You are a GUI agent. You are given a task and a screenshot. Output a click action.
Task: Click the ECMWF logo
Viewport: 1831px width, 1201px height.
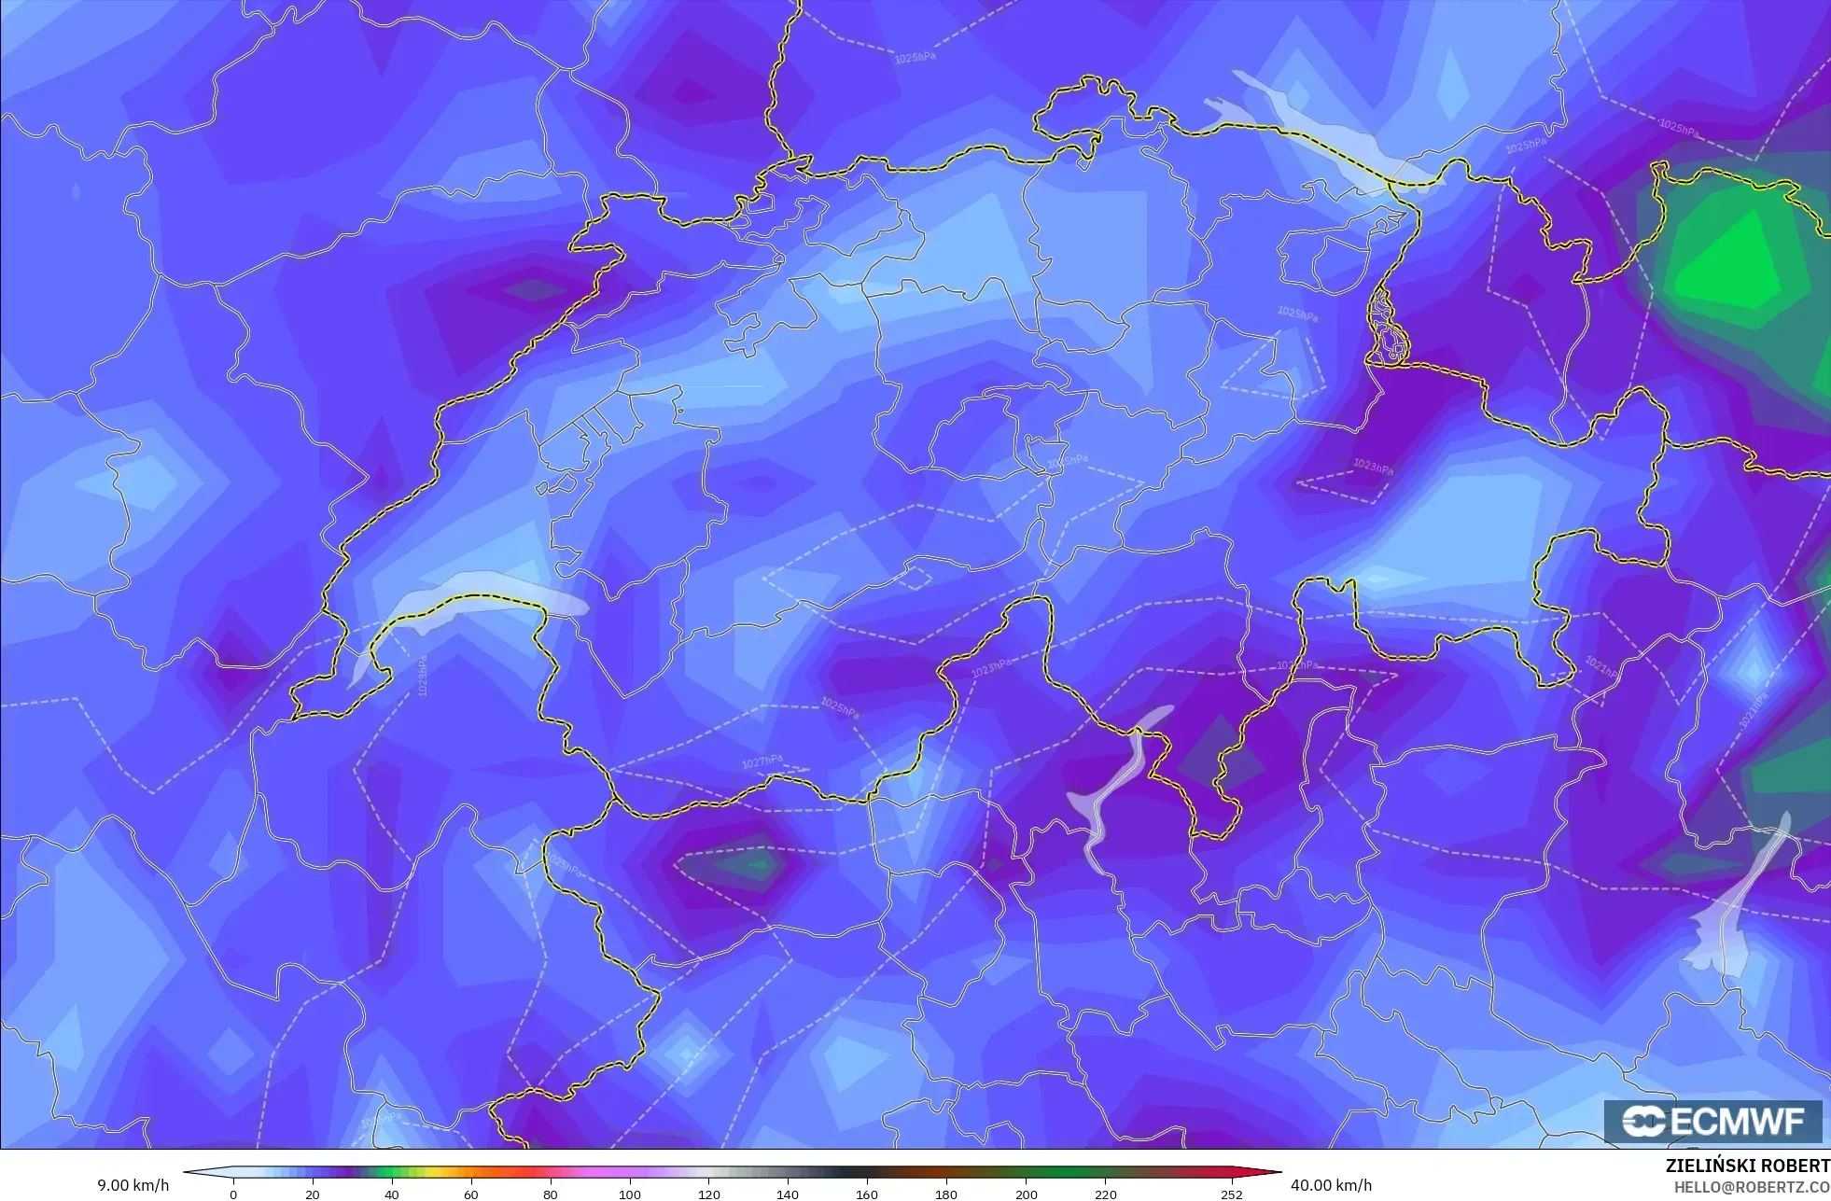1713,1121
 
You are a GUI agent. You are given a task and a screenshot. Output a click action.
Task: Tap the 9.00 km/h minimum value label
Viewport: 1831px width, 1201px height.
133,1185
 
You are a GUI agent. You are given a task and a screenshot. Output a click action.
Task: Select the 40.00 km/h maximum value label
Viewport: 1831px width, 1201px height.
1331,1185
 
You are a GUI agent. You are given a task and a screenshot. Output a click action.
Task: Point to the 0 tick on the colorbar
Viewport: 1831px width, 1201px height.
233,1194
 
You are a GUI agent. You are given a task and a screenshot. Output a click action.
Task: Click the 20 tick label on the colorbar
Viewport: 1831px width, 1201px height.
313,1194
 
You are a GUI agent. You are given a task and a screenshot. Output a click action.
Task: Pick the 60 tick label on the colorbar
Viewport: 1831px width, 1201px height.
471,1194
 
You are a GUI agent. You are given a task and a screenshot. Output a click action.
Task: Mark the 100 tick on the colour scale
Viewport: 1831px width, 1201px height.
630,1194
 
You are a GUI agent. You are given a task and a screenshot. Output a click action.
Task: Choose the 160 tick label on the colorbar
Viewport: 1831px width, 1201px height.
867,1194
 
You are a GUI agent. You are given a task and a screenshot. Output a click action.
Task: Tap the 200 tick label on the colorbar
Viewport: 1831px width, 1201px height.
1026,1194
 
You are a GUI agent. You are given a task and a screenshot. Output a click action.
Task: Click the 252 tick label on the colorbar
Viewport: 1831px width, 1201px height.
1232,1194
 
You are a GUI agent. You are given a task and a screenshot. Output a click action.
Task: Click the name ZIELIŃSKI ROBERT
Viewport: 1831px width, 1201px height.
1747,1166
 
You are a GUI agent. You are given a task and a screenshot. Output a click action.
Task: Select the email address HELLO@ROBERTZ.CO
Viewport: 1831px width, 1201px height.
1752,1187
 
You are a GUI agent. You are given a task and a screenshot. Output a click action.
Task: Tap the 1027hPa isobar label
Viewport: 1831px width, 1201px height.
762,762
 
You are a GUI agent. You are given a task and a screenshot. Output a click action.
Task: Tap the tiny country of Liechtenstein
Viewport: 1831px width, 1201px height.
1388,327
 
